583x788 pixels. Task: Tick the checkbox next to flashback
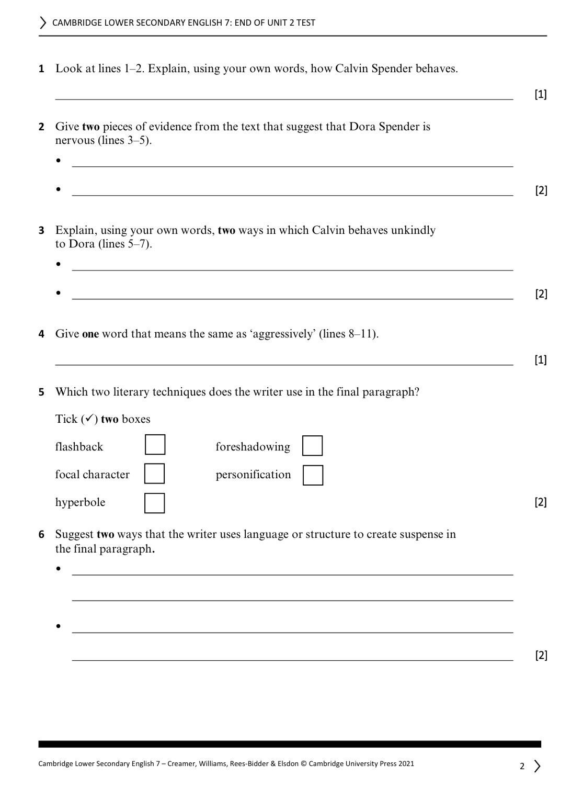point(155,445)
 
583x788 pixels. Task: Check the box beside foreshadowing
point(312,446)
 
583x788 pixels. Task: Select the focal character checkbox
point(154,474)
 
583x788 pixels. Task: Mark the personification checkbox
point(313,475)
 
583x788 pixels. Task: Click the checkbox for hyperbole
point(154,503)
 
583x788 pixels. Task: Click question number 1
point(41,69)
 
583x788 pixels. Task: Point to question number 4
point(41,334)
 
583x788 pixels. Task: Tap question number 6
point(41,535)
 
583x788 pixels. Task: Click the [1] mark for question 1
point(541,95)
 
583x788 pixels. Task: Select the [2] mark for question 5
point(541,502)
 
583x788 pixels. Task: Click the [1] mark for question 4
point(541,360)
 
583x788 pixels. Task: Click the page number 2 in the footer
point(522,767)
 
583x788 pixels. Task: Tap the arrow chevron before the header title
point(43,22)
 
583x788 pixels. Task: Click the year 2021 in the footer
point(406,764)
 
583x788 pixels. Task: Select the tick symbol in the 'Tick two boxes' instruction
point(89,419)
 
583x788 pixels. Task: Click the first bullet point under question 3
point(59,264)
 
